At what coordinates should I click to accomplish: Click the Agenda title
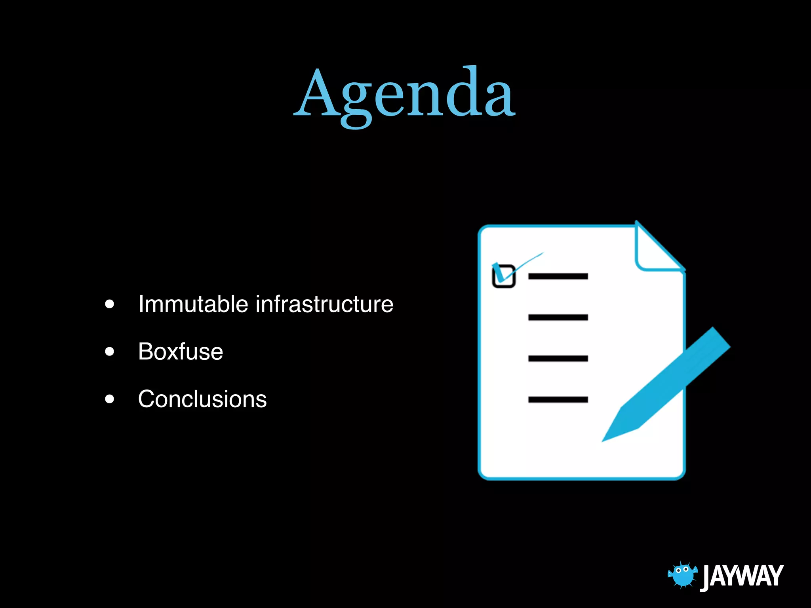[404, 95]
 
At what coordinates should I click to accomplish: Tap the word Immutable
[193, 304]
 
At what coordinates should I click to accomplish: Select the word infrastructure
[325, 304]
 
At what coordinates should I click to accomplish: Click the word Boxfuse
[181, 351]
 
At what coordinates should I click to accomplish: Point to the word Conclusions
[202, 399]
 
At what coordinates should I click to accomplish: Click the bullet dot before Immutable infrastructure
[110, 304]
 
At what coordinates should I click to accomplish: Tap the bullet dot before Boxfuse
[110, 351]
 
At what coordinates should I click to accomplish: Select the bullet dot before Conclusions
[110, 399]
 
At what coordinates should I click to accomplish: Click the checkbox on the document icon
[504, 276]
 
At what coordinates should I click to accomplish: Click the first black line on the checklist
[558, 276]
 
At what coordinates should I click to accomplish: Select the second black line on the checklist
[558, 317]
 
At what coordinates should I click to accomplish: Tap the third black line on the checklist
[558, 359]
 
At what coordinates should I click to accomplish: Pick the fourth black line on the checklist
[558, 400]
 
